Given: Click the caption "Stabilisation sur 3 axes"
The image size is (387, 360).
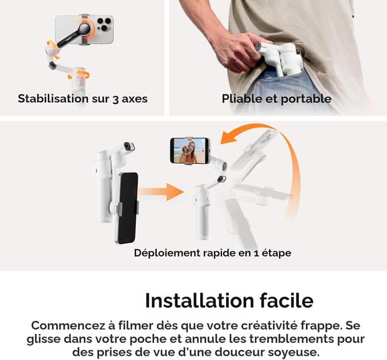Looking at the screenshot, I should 82,98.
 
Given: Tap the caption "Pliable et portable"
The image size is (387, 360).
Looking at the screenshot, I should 276,98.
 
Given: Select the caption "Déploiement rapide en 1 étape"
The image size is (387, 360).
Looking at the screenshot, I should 212,253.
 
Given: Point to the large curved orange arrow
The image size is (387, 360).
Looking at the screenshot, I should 284,157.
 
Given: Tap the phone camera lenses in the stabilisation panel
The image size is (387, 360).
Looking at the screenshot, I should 104,25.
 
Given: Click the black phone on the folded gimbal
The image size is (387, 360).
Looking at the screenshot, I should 128,208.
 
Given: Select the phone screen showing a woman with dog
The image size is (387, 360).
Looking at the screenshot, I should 189,151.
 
